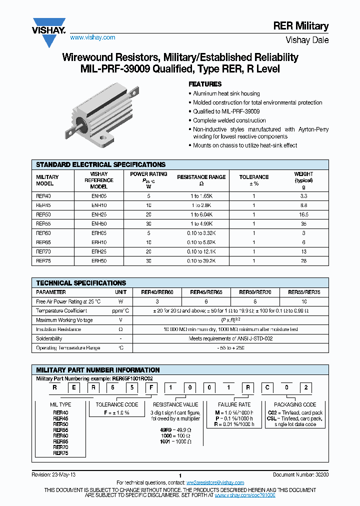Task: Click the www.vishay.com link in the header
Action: (92, 37)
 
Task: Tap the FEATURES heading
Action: (205, 84)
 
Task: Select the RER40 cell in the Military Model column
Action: (43, 196)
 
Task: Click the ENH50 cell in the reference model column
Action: (99, 223)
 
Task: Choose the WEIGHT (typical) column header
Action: (303, 177)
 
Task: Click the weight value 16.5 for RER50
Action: (303, 214)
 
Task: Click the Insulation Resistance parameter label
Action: (58, 329)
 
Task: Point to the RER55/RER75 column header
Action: (304, 292)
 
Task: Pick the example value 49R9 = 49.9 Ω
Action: (175, 429)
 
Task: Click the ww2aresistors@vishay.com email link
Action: (215, 482)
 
